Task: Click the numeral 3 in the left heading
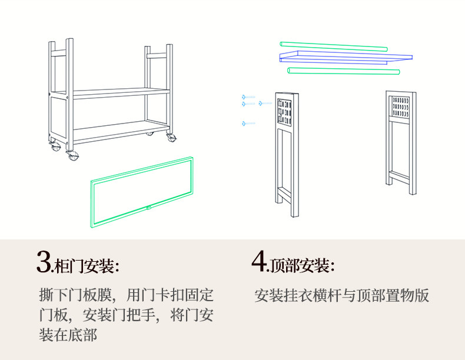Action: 44,262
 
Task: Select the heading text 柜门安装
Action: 86,266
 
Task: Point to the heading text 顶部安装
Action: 301,266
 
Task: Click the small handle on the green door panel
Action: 149,207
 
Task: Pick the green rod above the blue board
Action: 333,46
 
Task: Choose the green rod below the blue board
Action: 343,71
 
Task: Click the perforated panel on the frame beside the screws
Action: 285,109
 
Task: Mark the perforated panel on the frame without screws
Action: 401,106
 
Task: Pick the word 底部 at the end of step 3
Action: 84,335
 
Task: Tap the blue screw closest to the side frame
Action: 264,104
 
